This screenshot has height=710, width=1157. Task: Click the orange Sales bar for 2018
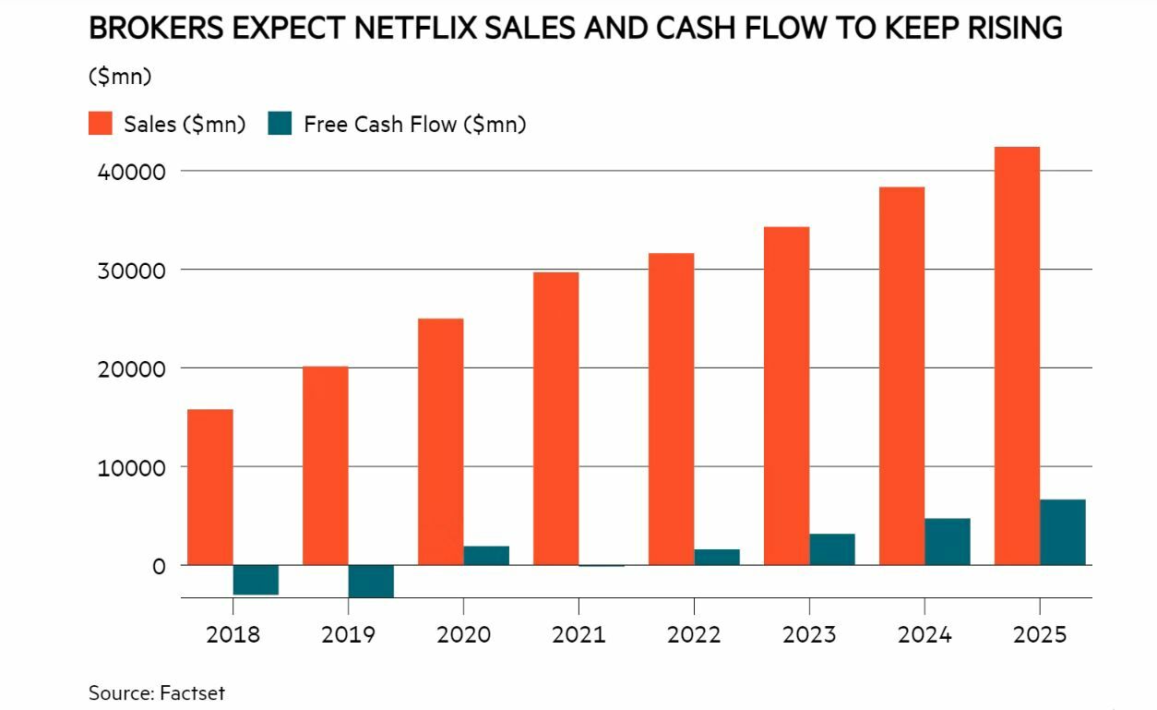pyautogui.click(x=210, y=487)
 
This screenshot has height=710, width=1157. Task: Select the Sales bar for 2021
pyautogui.click(x=555, y=418)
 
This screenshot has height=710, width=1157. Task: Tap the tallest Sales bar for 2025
pyautogui.click(x=1017, y=355)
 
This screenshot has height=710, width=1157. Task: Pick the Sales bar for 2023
pyautogui.click(x=786, y=395)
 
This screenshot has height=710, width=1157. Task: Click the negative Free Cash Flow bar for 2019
pyautogui.click(x=371, y=581)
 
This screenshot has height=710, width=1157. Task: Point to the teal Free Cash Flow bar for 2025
pyautogui.click(x=1063, y=532)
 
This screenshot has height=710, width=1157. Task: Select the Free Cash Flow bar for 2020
pyautogui.click(x=486, y=555)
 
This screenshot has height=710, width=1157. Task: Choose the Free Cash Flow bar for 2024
pyautogui.click(x=948, y=541)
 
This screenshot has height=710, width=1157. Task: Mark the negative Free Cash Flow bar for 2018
pyautogui.click(x=256, y=579)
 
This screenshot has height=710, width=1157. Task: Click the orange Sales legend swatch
pyautogui.click(x=101, y=124)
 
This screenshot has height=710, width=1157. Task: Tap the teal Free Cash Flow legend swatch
pyautogui.click(x=280, y=124)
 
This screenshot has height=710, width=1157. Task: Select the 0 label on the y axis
pyautogui.click(x=159, y=566)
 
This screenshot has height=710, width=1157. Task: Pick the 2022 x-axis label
pyautogui.click(x=694, y=635)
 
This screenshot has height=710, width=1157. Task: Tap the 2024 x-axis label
pyautogui.click(x=924, y=635)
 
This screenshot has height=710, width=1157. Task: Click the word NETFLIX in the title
pyautogui.click(x=428, y=29)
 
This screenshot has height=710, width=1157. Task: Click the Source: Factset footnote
pyautogui.click(x=157, y=692)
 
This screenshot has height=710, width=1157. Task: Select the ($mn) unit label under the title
pyautogui.click(x=120, y=77)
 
